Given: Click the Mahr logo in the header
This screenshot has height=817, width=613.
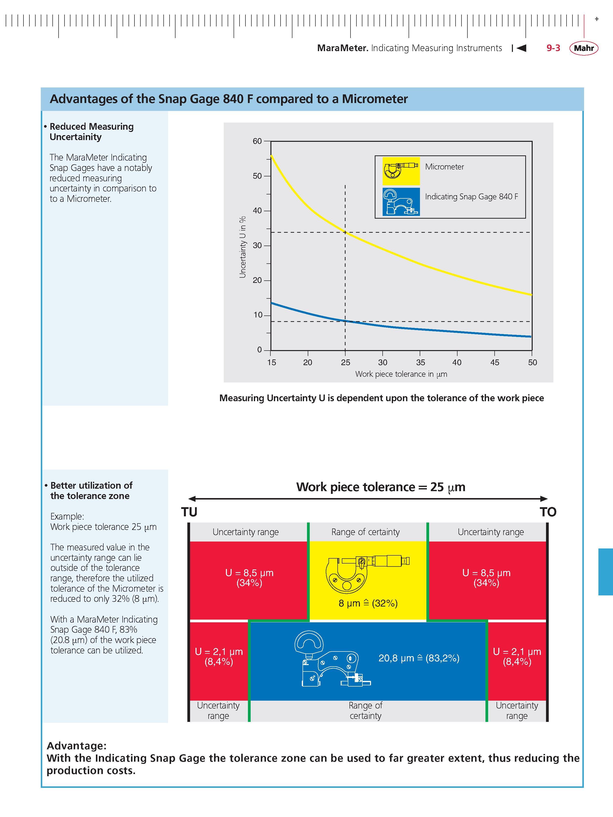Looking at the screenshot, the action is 584,48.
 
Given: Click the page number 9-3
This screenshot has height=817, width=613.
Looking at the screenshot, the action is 553,48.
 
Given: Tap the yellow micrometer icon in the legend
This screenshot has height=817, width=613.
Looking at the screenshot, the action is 401,171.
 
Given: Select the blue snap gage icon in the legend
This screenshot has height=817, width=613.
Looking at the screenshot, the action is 401,202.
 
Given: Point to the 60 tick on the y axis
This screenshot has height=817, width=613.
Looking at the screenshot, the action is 257,141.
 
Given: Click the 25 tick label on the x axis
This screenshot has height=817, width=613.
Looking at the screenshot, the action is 346,362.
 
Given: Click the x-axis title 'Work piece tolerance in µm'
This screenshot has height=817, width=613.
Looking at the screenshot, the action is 401,374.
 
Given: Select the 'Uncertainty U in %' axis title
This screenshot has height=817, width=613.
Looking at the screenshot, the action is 242,247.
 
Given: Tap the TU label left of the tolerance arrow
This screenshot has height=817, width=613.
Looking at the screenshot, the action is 189,512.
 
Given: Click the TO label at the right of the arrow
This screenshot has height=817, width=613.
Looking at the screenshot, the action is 548,512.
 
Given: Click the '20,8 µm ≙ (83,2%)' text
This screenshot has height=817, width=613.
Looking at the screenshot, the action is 419,658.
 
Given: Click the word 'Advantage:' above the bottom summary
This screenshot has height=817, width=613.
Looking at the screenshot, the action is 76,745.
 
